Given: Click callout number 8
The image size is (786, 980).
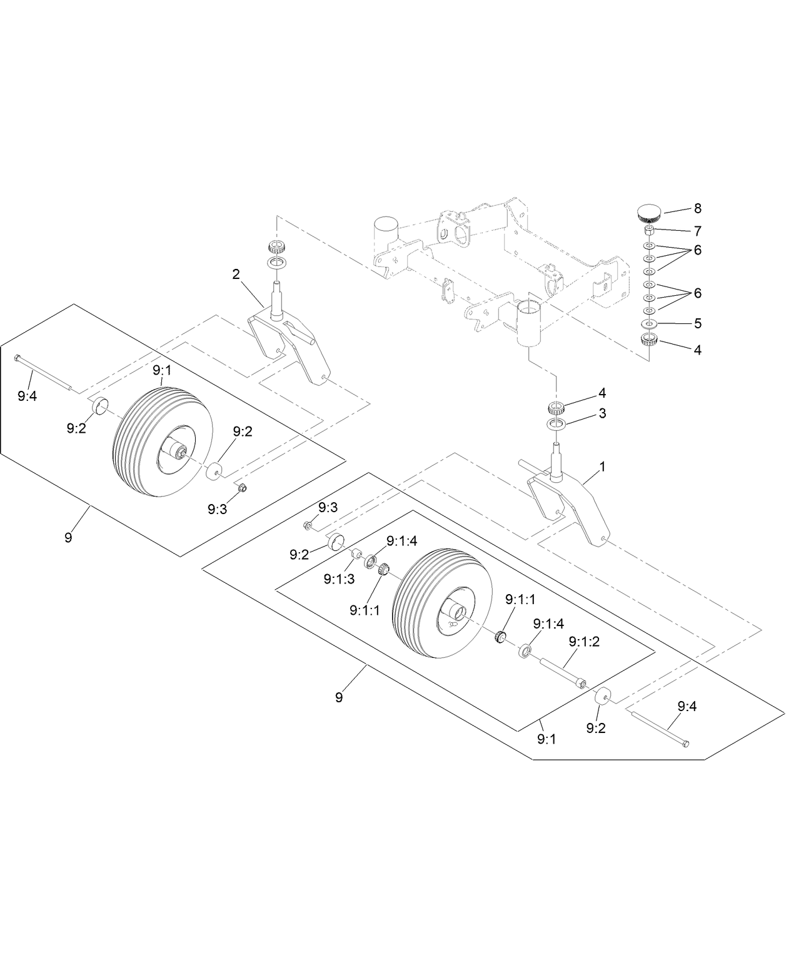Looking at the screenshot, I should pos(697,208).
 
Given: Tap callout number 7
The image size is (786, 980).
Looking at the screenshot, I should pos(697,231).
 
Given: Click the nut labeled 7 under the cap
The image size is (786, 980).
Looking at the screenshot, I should pos(649,230).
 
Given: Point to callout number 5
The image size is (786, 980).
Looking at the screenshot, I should pos(697,323).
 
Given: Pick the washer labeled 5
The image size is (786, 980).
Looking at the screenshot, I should pos(649,324).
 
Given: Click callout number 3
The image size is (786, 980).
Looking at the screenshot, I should pos(602,413).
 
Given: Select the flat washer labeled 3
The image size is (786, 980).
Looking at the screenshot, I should pos(557,425).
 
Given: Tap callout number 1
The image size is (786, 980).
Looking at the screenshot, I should pos(602,467).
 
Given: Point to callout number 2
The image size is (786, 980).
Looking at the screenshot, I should pos(236,274).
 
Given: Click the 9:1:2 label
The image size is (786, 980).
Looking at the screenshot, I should pos(584,641).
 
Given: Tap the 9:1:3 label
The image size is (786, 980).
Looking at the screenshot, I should pos(339,579).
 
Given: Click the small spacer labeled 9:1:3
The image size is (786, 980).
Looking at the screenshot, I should pos(356,553).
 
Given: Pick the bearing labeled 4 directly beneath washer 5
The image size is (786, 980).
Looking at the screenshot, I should pos(649,340).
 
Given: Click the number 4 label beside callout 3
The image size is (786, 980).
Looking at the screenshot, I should pos(602,393).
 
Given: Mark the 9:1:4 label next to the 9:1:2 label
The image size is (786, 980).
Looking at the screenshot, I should pos(548,624).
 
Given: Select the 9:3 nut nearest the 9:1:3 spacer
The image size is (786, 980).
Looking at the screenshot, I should pos(308,525).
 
